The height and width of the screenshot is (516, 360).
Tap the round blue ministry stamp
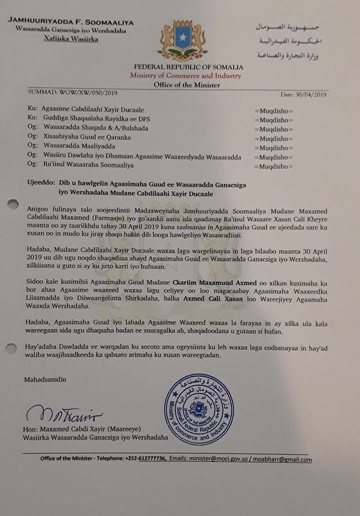pyautogui.click(x=200, y=409)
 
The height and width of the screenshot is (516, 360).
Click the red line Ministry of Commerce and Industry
pyautogui.click(x=185, y=76)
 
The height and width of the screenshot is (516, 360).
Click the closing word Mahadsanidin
pyautogui.click(x=45, y=380)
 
